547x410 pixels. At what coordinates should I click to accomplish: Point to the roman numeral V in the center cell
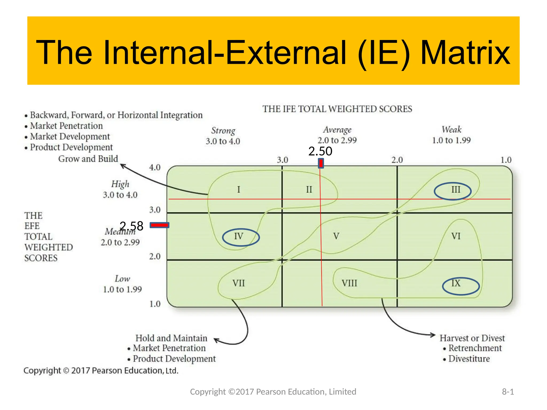coord(336,236)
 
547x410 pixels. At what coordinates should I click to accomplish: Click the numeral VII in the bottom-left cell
coord(239,283)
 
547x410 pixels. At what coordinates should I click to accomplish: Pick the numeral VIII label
coord(349,283)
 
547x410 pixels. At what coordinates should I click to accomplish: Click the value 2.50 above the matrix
coord(320,151)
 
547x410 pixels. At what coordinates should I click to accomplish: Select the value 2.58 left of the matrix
coord(131,226)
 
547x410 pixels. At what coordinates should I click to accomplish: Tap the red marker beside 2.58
coord(159,225)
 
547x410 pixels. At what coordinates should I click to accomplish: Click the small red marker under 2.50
coord(321,163)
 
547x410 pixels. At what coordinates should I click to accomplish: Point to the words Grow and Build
coord(88,159)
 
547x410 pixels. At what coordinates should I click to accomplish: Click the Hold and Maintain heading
coord(171,338)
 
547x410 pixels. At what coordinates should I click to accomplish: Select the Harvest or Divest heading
coord(472,338)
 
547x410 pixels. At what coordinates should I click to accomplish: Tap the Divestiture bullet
coord(469,359)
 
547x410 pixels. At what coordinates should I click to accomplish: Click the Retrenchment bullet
coord(475,348)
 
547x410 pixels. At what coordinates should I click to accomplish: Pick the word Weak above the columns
coord(451,129)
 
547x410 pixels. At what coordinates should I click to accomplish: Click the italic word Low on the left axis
coord(122,279)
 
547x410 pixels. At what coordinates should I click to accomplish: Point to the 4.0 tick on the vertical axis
coord(155,168)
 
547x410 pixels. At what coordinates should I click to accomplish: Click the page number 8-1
coord(508,392)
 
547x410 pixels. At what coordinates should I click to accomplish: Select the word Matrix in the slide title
coord(465,53)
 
